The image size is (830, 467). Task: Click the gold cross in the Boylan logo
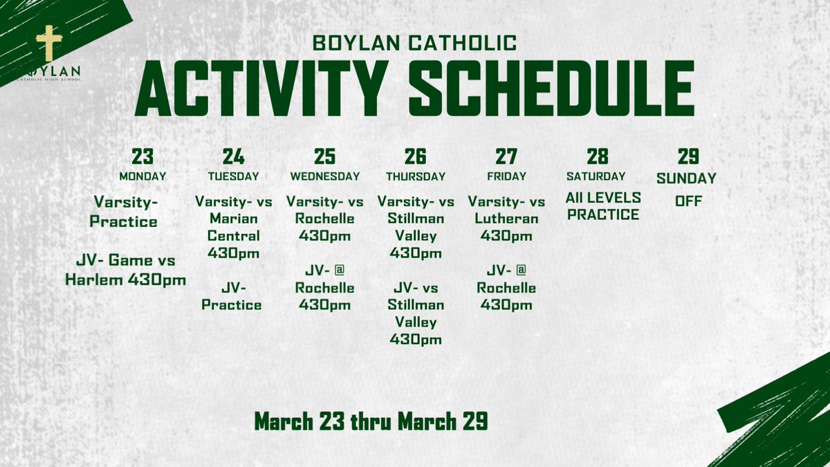(x=48, y=44)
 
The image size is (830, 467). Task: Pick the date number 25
(x=325, y=156)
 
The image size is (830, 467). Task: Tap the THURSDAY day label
(x=416, y=176)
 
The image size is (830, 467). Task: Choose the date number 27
(x=506, y=156)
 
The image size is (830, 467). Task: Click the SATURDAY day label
(x=596, y=176)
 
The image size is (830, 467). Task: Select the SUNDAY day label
(x=686, y=178)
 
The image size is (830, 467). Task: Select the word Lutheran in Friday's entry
(x=506, y=219)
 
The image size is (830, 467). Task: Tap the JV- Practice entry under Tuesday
(x=232, y=296)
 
